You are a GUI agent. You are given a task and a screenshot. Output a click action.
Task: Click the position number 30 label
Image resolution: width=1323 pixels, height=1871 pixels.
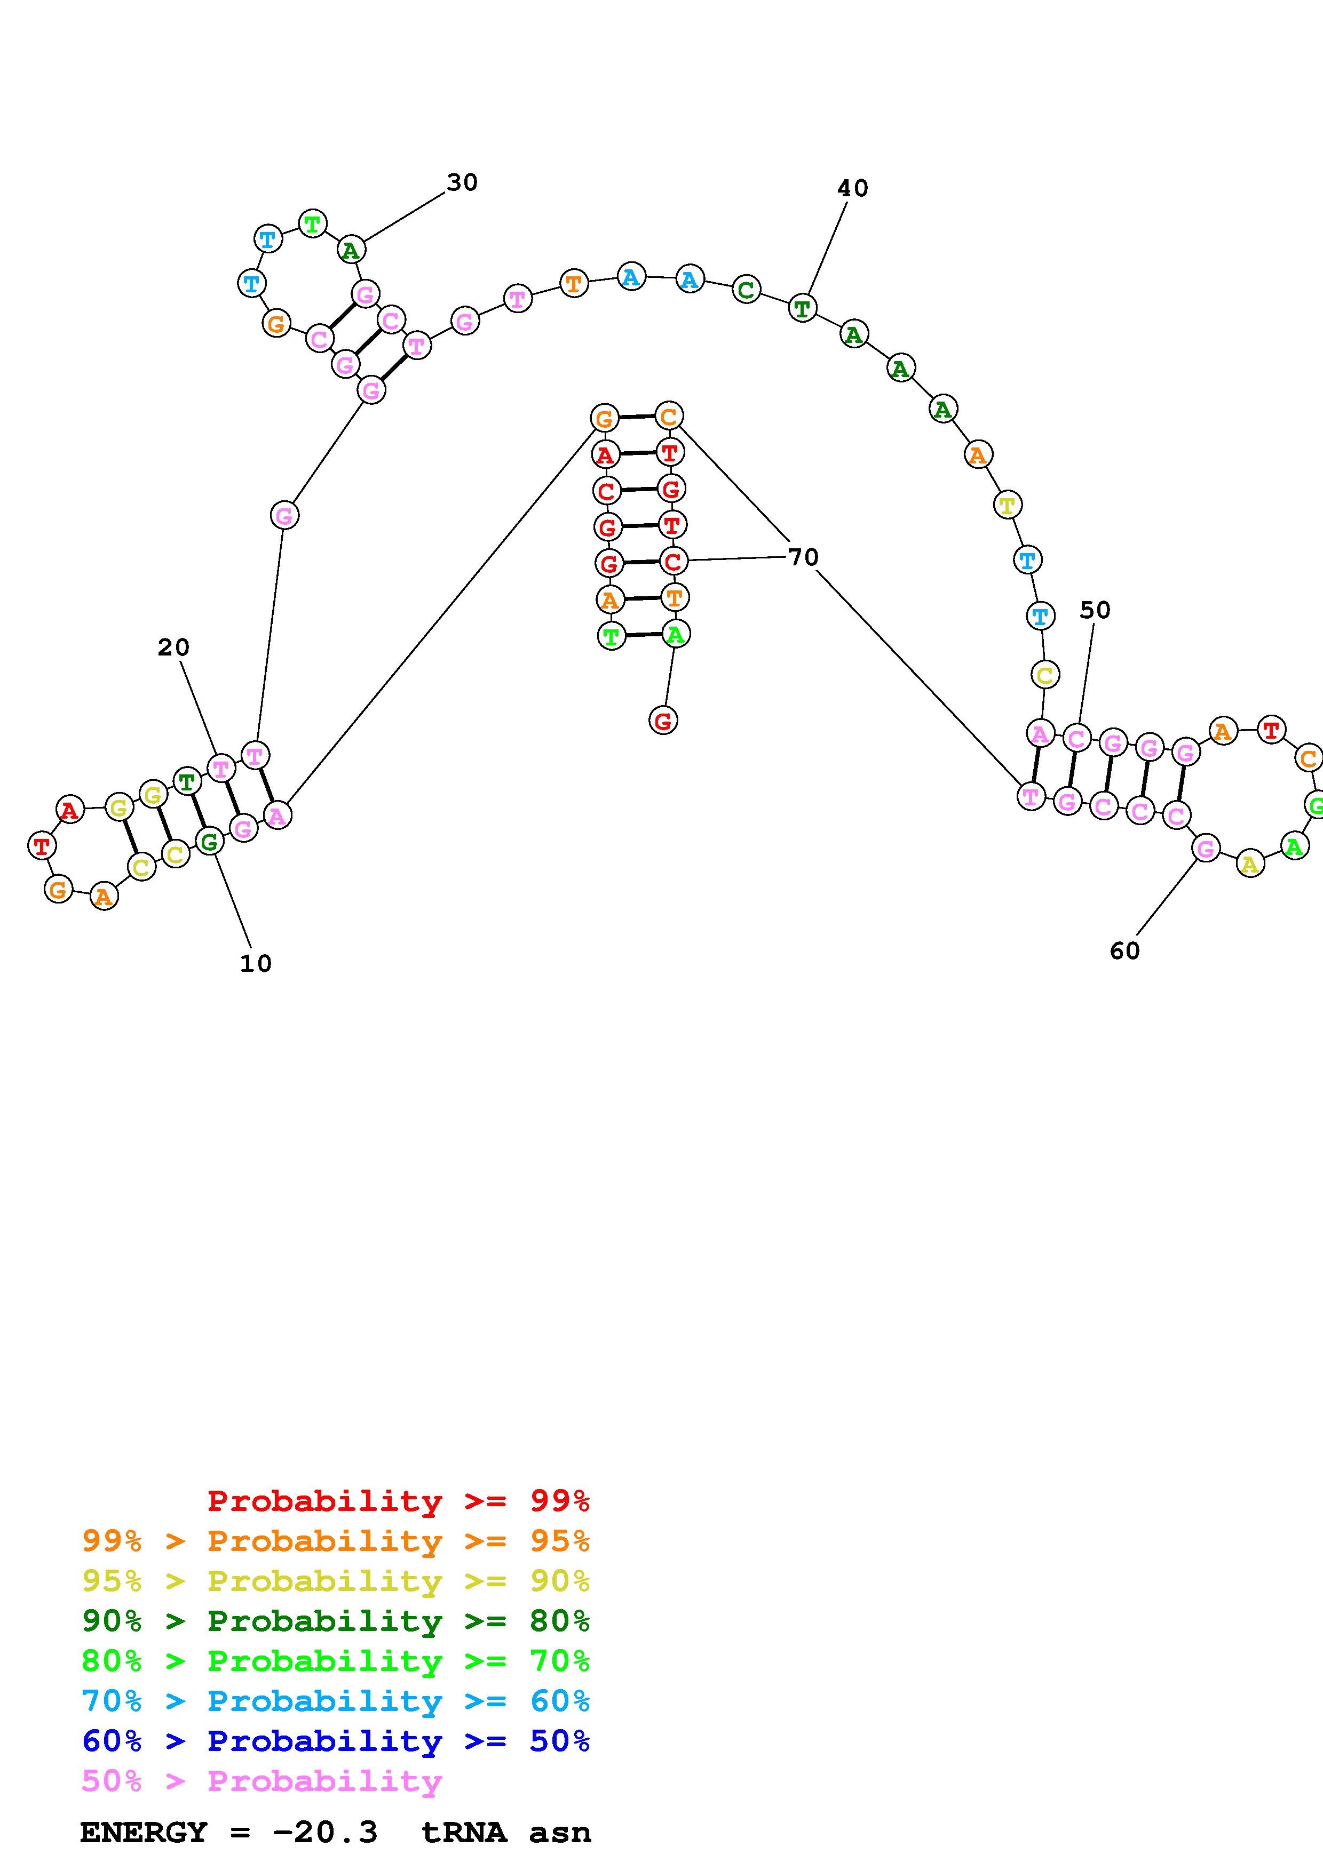(x=462, y=182)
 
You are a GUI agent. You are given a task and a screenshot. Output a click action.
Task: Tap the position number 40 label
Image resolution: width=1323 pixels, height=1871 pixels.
(x=853, y=188)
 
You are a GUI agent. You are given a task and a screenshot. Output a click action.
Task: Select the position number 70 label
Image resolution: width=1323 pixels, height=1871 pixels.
(x=803, y=557)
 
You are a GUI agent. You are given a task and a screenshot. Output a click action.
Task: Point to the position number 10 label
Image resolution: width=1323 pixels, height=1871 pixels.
(x=255, y=964)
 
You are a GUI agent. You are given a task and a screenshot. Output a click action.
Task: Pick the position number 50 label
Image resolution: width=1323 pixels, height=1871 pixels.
(x=1095, y=610)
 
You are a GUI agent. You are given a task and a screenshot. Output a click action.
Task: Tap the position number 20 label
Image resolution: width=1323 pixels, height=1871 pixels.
(x=173, y=648)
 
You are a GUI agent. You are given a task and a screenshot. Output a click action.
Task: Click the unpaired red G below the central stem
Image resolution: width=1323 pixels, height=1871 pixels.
(x=663, y=721)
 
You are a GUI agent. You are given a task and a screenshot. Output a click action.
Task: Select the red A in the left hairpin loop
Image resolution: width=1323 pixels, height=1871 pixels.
(x=70, y=810)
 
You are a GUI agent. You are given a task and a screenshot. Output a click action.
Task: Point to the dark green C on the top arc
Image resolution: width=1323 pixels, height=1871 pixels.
(x=746, y=289)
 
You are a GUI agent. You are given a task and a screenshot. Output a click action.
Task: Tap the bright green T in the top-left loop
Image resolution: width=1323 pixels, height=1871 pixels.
(x=312, y=223)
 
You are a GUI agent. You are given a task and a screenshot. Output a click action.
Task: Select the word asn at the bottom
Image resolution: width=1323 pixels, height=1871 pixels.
(x=559, y=1833)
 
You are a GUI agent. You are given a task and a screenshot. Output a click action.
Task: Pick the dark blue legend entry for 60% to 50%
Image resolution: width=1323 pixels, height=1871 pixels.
(x=336, y=1741)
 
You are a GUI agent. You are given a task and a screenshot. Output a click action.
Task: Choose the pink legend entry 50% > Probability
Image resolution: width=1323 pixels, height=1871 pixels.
(x=262, y=1781)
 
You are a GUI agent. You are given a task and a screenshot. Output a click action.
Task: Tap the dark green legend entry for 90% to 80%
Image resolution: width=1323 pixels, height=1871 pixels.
(x=336, y=1621)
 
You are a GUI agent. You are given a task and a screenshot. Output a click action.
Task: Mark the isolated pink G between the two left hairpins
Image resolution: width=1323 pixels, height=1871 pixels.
(x=284, y=515)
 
